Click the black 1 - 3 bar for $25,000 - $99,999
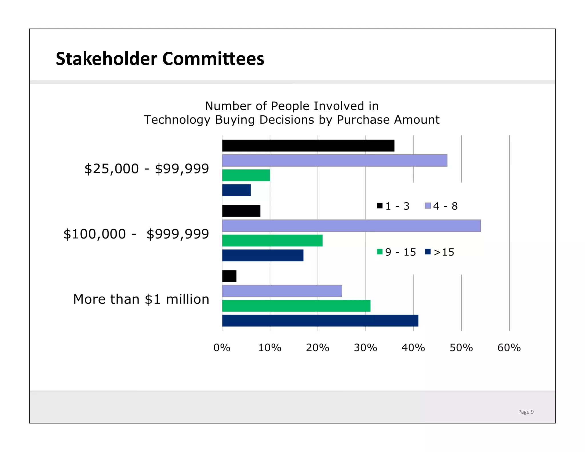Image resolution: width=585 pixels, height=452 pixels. pyautogui.click(x=308, y=146)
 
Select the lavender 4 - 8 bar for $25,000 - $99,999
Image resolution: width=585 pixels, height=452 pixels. pyautogui.click(x=334, y=161)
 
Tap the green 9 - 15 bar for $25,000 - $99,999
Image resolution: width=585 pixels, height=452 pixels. pyautogui.click(x=246, y=175)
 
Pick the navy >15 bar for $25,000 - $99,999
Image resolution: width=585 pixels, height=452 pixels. pyautogui.click(x=236, y=190)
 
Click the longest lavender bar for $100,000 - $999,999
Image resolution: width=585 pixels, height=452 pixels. pyautogui.click(x=351, y=226)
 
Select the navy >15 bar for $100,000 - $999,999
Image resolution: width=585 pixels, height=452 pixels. pyautogui.click(x=263, y=255)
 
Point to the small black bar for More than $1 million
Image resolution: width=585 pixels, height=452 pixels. pyautogui.click(x=229, y=276)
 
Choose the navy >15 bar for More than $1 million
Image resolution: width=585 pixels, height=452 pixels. pyautogui.click(x=320, y=321)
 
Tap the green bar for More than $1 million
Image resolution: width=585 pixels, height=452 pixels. pyautogui.click(x=296, y=306)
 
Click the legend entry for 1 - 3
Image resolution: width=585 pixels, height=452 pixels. pyautogui.click(x=393, y=206)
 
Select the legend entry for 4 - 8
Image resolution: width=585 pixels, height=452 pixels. pyautogui.click(x=441, y=206)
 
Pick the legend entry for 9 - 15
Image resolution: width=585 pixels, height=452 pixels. pyautogui.click(x=396, y=252)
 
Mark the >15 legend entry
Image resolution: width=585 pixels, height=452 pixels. pyautogui.click(x=440, y=252)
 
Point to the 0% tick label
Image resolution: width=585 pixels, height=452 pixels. pyautogui.click(x=222, y=348)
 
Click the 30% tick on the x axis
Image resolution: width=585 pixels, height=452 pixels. pyautogui.click(x=365, y=348)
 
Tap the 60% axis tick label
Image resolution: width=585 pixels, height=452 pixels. pyautogui.click(x=509, y=348)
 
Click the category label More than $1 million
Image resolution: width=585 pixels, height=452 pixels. pyautogui.click(x=141, y=299)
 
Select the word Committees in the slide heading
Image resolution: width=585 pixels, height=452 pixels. pyautogui.click(x=213, y=59)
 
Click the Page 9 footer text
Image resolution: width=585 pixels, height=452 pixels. pyautogui.click(x=526, y=412)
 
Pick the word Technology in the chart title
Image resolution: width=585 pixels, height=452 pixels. pyautogui.click(x=177, y=120)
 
